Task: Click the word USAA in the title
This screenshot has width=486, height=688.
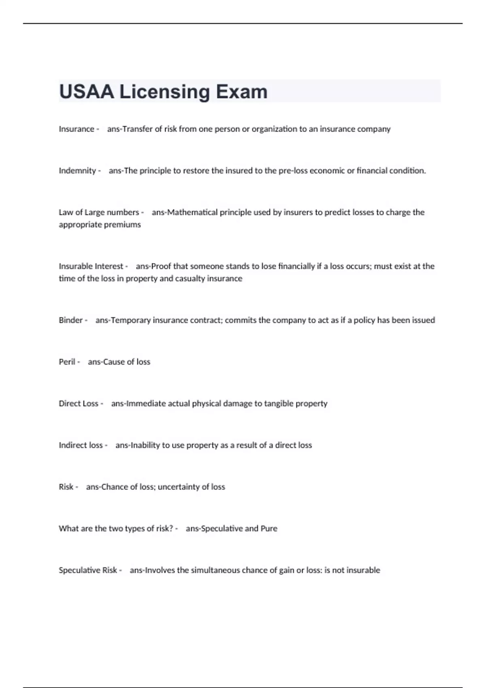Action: [87, 92]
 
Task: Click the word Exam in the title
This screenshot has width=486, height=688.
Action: [241, 92]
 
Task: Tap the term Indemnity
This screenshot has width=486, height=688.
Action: [77, 171]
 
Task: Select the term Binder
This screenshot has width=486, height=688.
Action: [70, 320]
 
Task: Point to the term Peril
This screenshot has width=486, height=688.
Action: [67, 362]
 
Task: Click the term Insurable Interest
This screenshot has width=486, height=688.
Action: [91, 266]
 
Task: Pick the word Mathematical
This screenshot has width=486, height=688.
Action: [192, 212]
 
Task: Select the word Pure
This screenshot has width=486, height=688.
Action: [269, 529]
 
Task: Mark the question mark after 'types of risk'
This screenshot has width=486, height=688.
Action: [171, 529]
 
